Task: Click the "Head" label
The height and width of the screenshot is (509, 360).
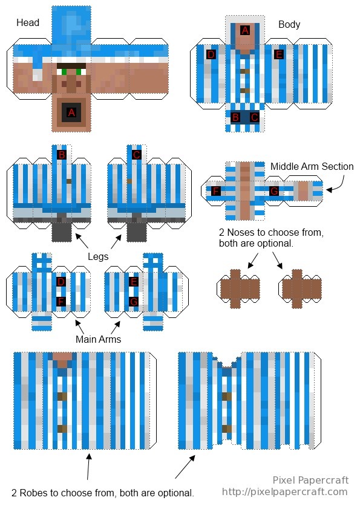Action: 28,23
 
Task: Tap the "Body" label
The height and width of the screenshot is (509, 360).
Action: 289,25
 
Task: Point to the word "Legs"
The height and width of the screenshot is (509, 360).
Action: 98,257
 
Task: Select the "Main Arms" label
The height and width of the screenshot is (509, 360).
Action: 98,339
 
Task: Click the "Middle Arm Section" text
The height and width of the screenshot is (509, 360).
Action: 312,166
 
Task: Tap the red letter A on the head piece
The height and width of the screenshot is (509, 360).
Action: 71,112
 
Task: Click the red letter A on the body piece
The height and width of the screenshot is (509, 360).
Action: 245,30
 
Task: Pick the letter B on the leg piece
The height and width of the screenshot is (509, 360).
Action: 61,155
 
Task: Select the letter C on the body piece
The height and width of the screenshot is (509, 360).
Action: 254,117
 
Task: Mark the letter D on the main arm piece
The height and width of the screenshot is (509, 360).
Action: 61,282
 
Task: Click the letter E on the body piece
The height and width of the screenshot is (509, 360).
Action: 278,54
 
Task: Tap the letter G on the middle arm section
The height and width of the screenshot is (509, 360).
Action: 274,191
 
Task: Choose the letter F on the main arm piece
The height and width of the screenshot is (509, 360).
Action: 61,302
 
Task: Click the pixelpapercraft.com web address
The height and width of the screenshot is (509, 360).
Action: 284,492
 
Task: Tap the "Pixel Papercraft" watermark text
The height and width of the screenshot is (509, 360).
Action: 310,480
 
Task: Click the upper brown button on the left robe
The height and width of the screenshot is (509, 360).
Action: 62,397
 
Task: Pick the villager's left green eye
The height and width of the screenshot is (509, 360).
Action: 64,72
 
